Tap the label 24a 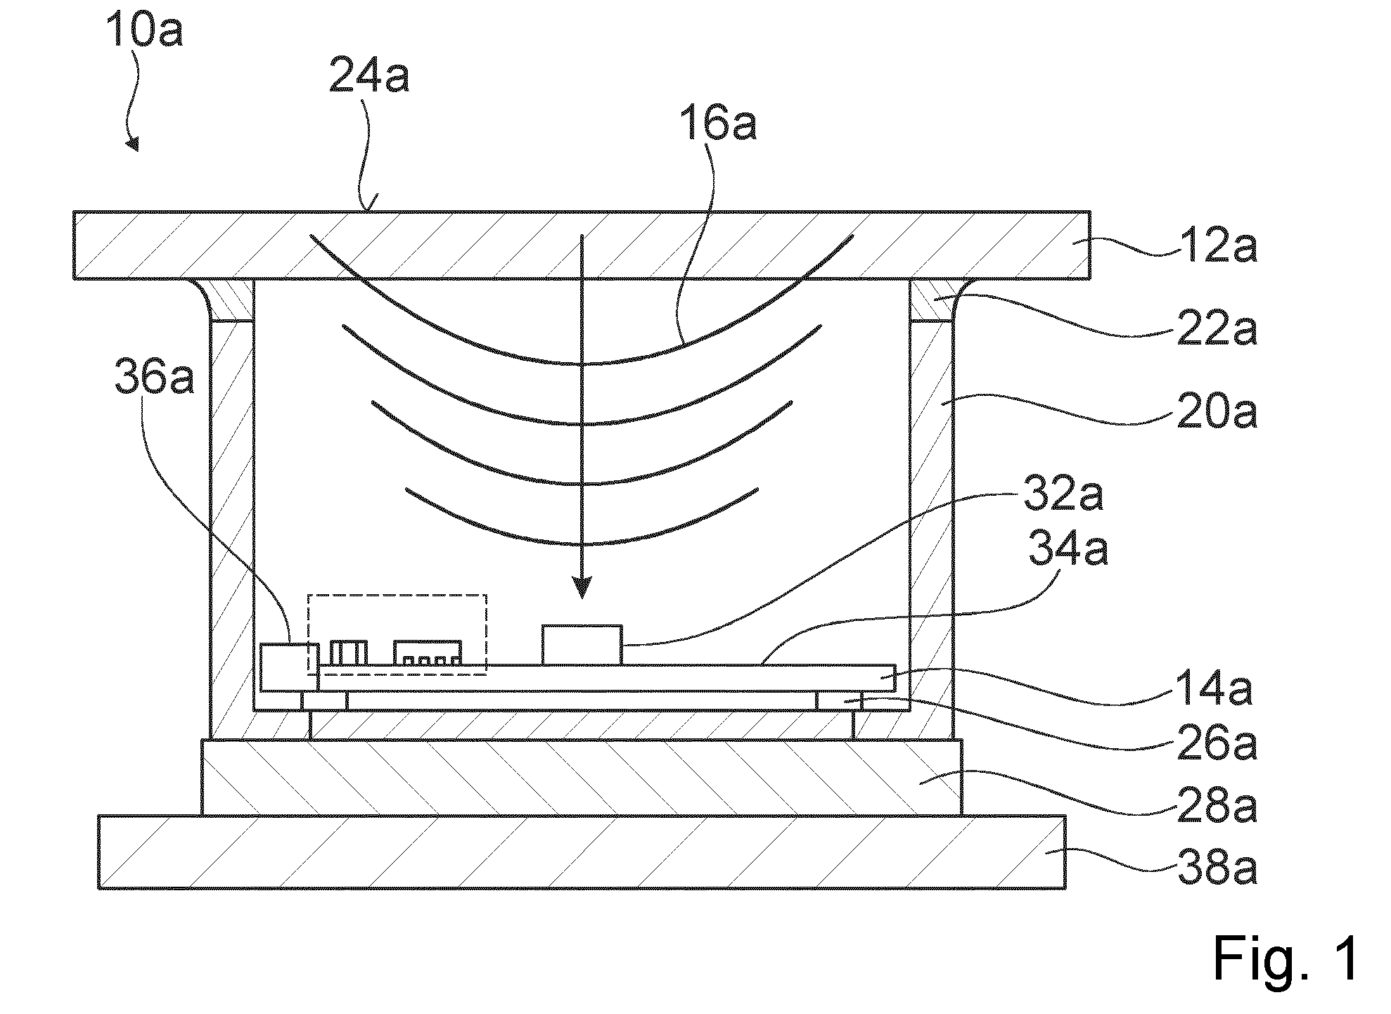click(369, 77)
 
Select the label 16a click(717, 124)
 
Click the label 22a click(1217, 328)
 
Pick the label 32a click(1063, 496)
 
